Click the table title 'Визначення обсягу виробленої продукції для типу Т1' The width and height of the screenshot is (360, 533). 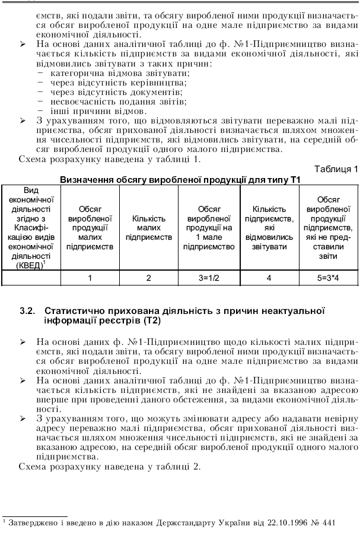pyautogui.click(x=180, y=179)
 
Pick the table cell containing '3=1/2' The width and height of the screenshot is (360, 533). pyautogui.click(x=209, y=277)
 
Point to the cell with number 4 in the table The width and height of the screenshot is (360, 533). pyautogui.click(x=269, y=277)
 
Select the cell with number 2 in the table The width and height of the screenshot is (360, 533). pyautogui.click(x=149, y=277)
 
